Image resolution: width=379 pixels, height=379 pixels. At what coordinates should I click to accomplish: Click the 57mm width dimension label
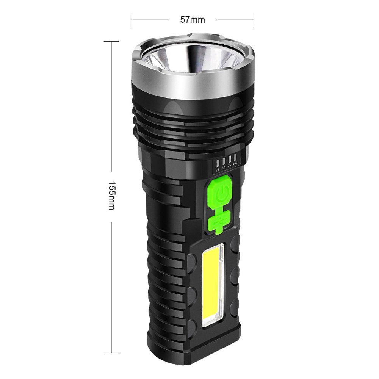pyautogui.click(x=192, y=19)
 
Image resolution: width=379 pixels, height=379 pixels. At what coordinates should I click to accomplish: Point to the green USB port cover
pyautogui.click(x=219, y=221)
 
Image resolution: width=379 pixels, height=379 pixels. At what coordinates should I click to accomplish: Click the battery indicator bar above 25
pyautogui.click(x=218, y=162)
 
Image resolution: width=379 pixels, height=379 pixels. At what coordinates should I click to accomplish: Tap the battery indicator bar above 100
pyautogui.click(x=235, y=157)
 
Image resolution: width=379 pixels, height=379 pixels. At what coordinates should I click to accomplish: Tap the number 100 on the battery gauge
pyautogui.click(x=236, y=164)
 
